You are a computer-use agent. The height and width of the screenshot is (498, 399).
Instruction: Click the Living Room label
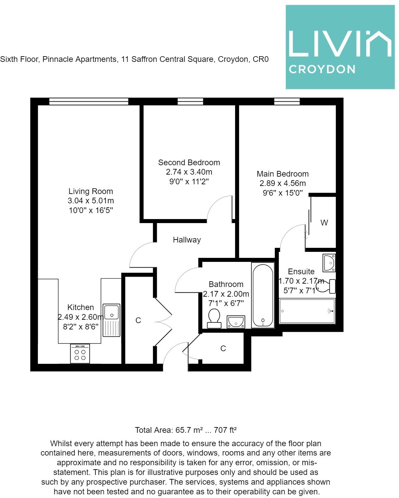(91, 191)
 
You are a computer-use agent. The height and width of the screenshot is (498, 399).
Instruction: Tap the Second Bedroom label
(189, 163)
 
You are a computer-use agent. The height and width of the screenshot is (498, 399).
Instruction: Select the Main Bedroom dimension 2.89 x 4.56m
(283, 183)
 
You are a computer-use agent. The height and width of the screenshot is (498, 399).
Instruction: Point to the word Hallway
(187, 240)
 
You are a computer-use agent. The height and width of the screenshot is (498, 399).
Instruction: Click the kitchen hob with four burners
(80, 354)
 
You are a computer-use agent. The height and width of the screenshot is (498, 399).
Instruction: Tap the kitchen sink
(111, 320)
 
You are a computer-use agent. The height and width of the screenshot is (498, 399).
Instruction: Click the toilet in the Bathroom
(214, 318)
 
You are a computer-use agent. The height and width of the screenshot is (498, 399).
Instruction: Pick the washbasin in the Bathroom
(236, 322)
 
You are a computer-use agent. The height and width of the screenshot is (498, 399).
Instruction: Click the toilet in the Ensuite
(327, 286)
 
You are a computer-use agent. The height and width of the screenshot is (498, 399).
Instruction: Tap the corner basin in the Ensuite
(329, 263)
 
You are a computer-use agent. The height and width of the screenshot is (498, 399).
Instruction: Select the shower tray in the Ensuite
(307, 311)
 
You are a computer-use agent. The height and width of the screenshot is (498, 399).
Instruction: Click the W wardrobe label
(324, 223)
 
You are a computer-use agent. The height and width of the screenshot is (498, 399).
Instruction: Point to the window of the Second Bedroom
(190, 101)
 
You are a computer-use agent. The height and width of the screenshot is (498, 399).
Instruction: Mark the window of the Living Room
(89, 101)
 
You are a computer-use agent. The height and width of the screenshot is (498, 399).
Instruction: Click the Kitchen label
(81, 307)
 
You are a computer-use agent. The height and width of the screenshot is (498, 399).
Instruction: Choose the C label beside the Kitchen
(138, 320)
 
